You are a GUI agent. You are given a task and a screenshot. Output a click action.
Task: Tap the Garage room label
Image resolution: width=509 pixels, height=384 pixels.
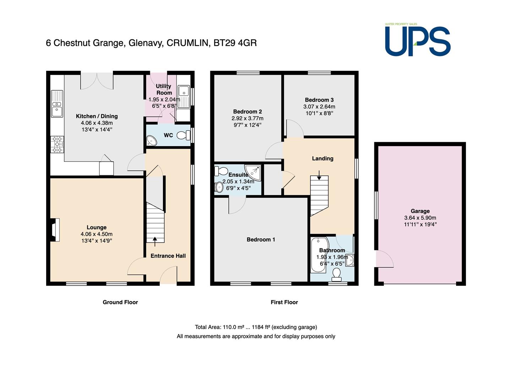pyautogui.click(x=420, y=211)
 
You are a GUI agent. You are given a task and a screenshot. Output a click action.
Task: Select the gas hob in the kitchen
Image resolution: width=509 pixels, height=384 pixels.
pyautogui.click(x=57, y=144)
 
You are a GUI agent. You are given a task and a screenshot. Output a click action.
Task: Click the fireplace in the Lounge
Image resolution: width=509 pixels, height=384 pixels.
pyautogui.click(x=54, y=230)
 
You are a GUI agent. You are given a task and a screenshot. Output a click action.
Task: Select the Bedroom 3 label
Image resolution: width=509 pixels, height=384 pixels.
pyautogui.click(x=319, y=100)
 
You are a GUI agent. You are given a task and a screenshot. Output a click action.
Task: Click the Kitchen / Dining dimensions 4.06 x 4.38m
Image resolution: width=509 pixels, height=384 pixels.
pyautogui.click(x=97, y=123)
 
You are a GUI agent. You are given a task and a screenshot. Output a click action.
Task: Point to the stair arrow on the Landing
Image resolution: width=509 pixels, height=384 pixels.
pyautogui.click(x=319, y=175)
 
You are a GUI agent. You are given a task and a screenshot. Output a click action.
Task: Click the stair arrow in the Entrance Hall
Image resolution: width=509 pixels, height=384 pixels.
pyautogui.click(x=155, y=241)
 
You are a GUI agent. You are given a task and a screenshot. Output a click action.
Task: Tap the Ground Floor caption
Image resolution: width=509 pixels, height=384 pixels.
pyautogui.click(x=120, y=302)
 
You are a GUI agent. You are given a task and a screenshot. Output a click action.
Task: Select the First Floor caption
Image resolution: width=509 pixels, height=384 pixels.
pyautogui.click(x=284, y=302)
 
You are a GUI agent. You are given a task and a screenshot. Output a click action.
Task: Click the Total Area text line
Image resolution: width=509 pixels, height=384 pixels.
pyautogui.click(x=256, y=327)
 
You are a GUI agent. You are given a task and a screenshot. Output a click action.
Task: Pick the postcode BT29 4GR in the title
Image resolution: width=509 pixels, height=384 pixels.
pyautogui.click(x=235, y=43)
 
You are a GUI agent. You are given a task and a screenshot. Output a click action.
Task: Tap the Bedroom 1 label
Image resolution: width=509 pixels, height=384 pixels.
pyautogui.click(x=261, y=239)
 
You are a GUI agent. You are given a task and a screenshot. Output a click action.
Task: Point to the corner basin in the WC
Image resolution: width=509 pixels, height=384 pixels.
pyautogui.click(x=151, y=140)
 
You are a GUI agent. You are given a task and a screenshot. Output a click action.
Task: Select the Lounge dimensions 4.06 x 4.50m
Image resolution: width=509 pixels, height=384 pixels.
pyautogui.click(x=97, y=234)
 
